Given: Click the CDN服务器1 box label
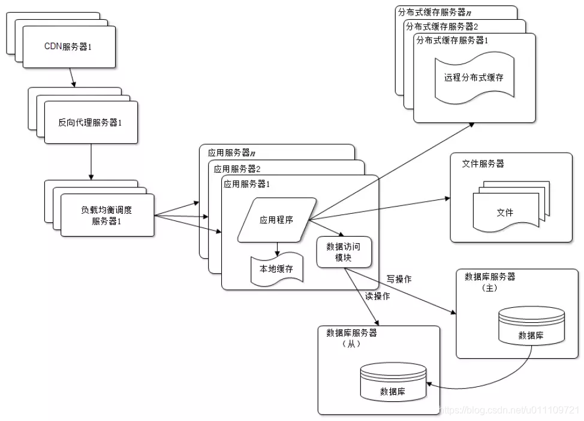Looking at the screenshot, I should (68, 46).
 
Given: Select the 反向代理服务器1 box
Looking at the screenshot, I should (91, 122).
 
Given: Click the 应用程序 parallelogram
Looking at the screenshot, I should (276, 220).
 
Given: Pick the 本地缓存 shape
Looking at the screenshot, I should (276, 269).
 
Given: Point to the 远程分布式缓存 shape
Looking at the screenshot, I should (473, 78).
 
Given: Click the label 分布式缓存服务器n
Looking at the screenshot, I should (435, 11).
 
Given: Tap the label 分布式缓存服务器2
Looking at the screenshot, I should (442, 26).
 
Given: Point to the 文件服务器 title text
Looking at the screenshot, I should (483, 163).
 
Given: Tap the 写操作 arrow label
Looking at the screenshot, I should (399, 279).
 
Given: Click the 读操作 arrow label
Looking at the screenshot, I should (377, 296).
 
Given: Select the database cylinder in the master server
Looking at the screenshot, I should (531, 326).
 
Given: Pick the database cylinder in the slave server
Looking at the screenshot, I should (392, 383).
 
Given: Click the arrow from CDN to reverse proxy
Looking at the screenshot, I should (71, 76).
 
